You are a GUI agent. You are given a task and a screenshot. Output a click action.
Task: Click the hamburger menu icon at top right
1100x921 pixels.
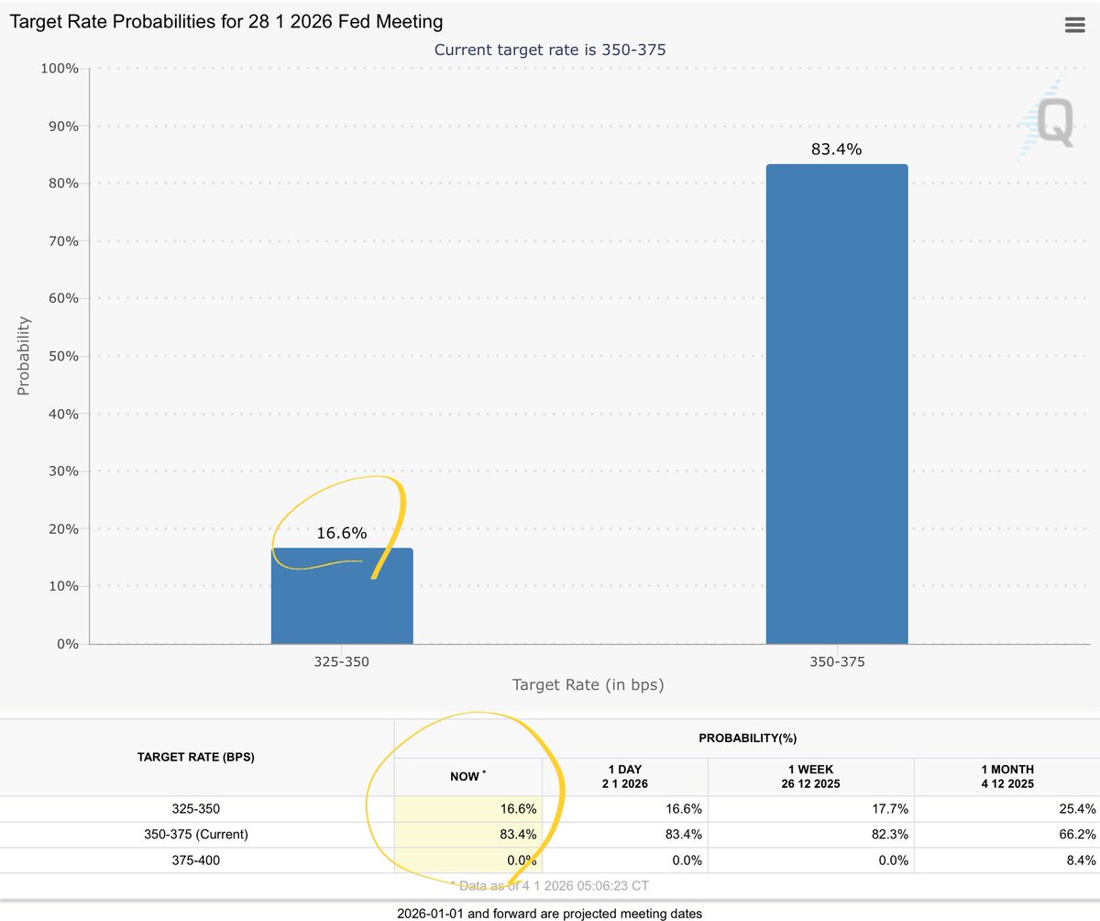1074,25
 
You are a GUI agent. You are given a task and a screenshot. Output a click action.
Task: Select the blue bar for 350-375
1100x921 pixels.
836,404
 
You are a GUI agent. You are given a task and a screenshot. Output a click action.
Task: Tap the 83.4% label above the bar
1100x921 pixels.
836,150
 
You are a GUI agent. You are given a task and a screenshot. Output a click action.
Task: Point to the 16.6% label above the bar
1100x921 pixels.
342,533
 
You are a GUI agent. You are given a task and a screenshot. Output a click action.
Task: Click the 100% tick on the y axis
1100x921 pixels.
60,69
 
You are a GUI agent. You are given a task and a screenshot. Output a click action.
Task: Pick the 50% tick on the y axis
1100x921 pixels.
63,356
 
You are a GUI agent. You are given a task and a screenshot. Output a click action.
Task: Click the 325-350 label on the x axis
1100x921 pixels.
342,660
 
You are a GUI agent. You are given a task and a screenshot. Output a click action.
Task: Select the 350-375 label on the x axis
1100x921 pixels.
836,660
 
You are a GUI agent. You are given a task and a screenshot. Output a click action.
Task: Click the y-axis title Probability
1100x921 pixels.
24,356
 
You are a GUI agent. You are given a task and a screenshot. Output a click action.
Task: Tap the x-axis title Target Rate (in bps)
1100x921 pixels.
588,684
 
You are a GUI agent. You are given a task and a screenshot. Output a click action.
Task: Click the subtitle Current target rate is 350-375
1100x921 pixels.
550,50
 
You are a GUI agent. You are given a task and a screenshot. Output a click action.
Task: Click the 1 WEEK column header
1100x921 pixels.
811,776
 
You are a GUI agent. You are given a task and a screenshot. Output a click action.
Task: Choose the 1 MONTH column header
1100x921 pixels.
1006,776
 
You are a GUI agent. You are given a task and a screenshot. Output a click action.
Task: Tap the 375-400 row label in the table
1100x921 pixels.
196,860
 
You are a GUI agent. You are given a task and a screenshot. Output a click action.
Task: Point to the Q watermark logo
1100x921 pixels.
1048,121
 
